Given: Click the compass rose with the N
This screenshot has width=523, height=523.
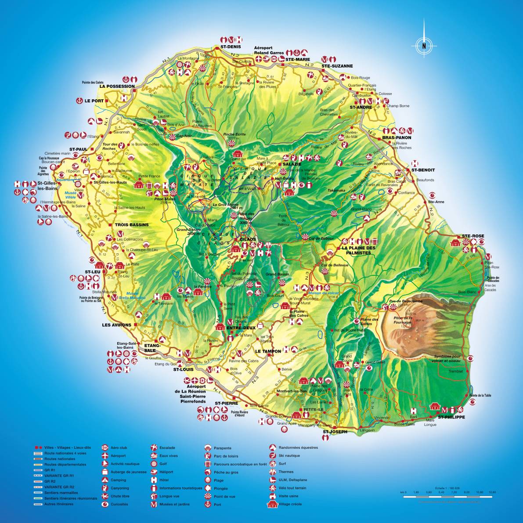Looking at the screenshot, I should pos(424,45).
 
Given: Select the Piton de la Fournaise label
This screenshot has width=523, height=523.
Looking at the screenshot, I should pos(402,320).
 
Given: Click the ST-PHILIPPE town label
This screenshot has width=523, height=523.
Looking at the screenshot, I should pos(451,417).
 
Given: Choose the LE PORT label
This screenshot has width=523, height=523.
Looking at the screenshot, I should pos(94,101).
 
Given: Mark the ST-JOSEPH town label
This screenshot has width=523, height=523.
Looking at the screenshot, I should pos(335,432).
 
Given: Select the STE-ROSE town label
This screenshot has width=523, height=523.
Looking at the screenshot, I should pos(473,236).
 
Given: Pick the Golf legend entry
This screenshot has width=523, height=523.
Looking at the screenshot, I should pos(163,464).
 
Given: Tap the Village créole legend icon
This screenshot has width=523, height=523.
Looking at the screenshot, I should pos(272,504).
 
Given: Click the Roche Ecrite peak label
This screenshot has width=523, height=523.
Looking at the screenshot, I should pos(234,134).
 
